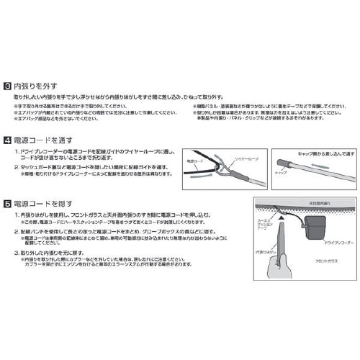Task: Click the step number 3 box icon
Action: pos(7,85)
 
